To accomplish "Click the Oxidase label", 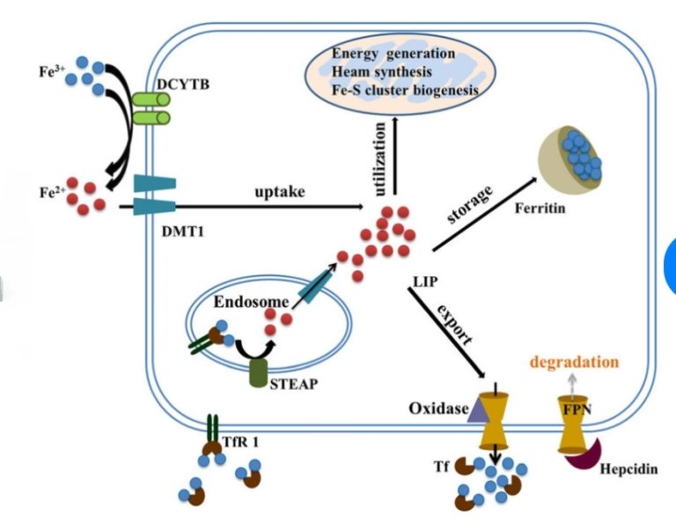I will pyautogui.click(x=437, y=409).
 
